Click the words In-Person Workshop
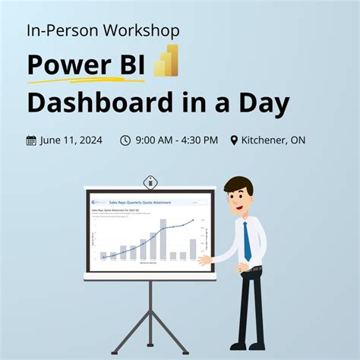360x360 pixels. [x=103, y=31]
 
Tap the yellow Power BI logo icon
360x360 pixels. [x=166, y=62]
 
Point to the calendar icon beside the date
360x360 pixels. [x=31, y=141]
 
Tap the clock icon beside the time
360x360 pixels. [x=125, y=141]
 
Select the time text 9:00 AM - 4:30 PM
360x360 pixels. [x=177, y=141]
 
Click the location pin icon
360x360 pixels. [x=234, y=141]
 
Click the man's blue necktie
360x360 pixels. [x=247, y=239]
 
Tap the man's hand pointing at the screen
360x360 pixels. [x=203, y=260]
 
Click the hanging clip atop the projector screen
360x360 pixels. [x=150, y=182]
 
